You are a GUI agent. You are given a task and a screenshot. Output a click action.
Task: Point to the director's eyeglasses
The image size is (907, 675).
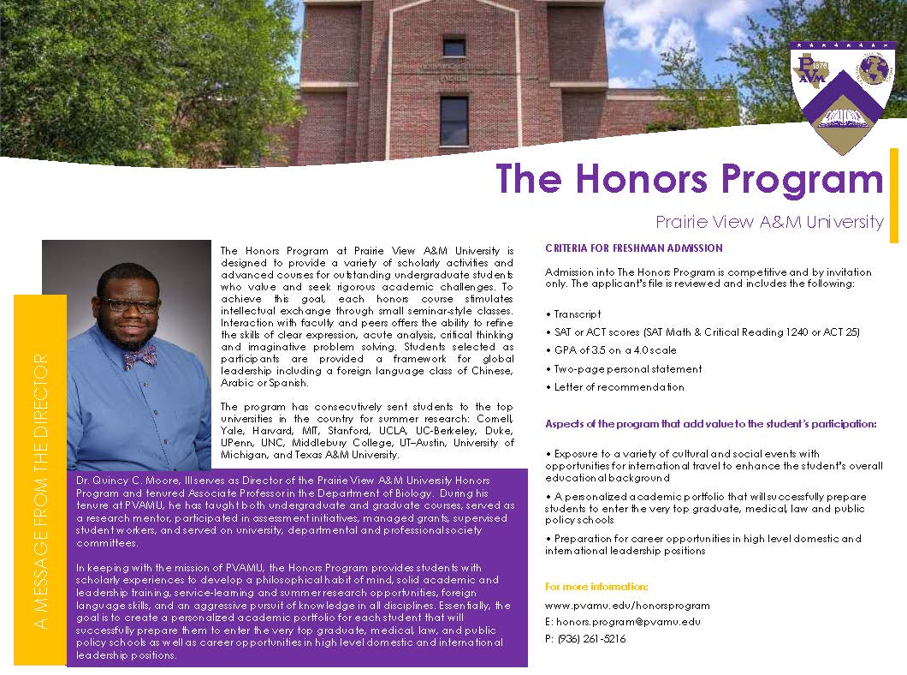[128, 305]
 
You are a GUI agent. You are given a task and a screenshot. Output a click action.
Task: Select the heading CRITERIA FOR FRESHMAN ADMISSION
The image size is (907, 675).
[634, 248]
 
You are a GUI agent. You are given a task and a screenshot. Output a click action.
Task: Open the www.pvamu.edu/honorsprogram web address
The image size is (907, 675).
[627, 606]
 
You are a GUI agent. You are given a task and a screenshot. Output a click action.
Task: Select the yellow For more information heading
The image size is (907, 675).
[596, 587]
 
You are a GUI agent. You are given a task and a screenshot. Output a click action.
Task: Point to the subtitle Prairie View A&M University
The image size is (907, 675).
[769, 222]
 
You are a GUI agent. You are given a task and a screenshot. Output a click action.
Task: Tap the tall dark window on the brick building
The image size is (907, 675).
[453, 120]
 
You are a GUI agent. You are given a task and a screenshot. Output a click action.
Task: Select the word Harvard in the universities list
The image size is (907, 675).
[269, 431]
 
